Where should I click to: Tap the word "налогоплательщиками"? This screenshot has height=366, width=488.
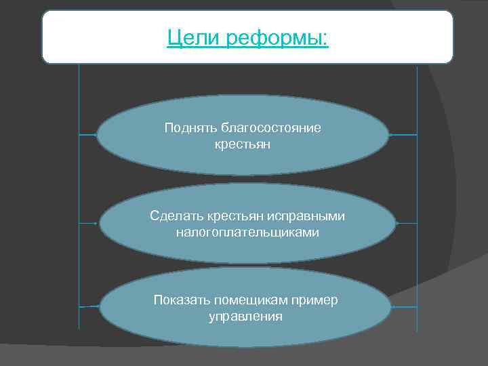[x=247, y=232]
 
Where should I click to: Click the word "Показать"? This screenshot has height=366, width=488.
[x=182, y=300]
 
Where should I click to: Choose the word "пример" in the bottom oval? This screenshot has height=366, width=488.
[x=318, y=300]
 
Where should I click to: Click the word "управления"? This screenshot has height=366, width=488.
[x=245, y=317]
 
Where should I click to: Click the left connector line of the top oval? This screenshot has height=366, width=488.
[x=87, y=135]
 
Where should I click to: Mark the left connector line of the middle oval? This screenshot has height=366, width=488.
[x=89, y=222]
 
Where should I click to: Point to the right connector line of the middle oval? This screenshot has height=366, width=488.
[x=406, y=222]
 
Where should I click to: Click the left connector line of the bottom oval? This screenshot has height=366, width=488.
[x=89, y=306]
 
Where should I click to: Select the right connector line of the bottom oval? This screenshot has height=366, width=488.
[x=404, y=306]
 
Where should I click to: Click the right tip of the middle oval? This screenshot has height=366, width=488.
[x=394, y=222]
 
